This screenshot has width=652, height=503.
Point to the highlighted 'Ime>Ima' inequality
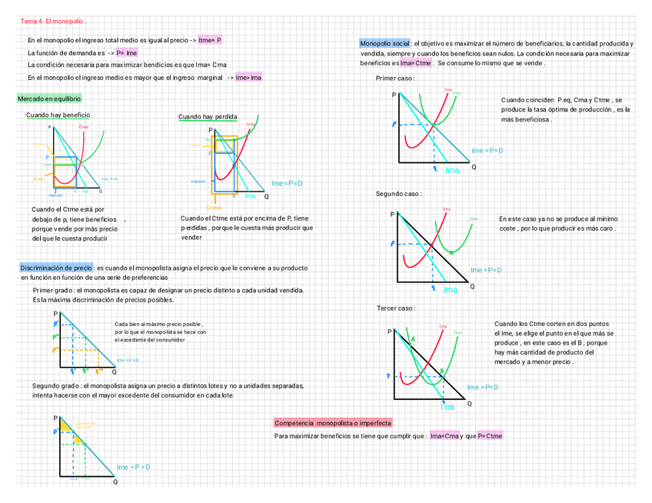(x=249, y=78)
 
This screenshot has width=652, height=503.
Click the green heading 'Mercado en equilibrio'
(x=48, y=99)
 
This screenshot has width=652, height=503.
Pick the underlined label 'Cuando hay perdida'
(x=208, y=117)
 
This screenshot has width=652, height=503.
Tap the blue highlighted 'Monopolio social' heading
(x=384, y=44)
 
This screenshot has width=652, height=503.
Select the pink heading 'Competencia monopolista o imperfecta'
(x=333, y=423)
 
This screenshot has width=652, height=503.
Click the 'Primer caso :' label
(x=394, y=79)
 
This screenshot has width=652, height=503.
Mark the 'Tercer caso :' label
(x=396, y=308)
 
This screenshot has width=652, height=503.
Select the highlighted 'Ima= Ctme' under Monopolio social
(x=416, y=64)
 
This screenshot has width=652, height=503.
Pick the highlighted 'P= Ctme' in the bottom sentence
(x=490, y=436)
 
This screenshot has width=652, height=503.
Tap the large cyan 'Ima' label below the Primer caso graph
(x=452, y=170)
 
